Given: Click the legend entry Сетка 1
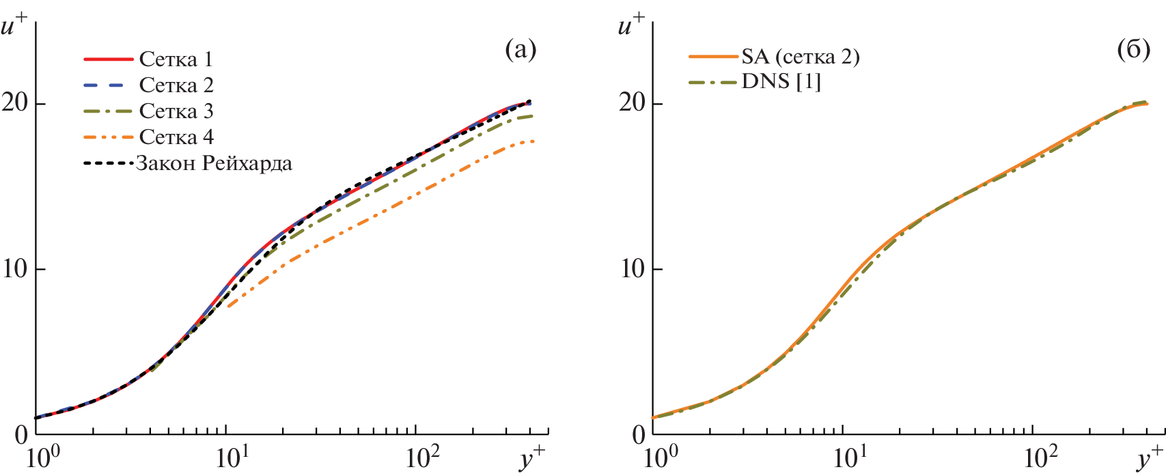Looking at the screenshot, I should point(176,59).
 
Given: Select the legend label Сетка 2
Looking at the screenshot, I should point(176,85).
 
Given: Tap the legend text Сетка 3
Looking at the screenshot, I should point(176,111).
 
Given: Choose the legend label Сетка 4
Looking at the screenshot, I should point(176,137).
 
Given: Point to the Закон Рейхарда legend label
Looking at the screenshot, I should point(214,164).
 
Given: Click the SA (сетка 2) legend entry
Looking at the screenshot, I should point(800,56).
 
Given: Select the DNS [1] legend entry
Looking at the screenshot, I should point(781,82).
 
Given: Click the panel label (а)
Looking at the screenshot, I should point(520,50).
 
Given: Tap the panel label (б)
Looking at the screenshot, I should point(1133,50).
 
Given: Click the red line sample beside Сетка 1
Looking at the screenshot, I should point(108,59).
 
